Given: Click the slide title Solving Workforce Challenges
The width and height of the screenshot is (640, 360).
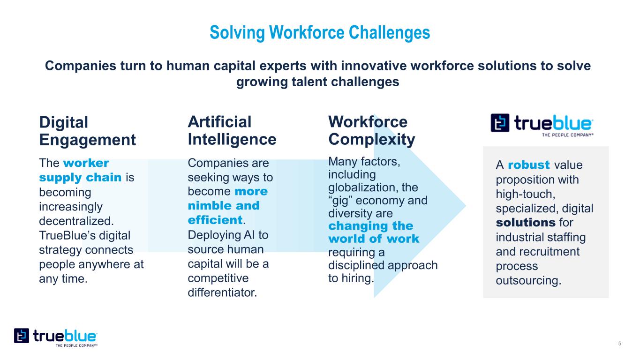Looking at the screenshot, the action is [320, 32].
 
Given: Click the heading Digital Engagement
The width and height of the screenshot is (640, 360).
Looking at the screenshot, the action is [87, 131].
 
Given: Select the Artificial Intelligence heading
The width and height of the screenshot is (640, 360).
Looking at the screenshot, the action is [232, 131].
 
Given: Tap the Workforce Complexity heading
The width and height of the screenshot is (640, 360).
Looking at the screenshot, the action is [371, 131].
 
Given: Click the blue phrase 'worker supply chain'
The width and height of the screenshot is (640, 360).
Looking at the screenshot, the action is [80, 170].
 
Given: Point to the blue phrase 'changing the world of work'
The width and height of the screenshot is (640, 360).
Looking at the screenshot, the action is [374, 232].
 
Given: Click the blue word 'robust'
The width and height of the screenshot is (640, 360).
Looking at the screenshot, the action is [528, 165].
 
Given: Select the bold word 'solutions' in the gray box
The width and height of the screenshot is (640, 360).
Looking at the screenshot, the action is [526, 223].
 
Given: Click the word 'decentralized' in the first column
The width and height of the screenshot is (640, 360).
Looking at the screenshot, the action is [76, 221].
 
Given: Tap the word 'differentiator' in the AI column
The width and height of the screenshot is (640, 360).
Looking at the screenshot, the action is [222, 292].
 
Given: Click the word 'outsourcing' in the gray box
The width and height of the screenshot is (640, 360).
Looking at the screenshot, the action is [528, 281].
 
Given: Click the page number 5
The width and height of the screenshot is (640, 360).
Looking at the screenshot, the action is [619, 344].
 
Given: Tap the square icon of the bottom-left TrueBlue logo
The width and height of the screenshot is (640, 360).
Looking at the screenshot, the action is [22, 336].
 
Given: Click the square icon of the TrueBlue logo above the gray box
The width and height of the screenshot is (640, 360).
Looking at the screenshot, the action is [500, 123].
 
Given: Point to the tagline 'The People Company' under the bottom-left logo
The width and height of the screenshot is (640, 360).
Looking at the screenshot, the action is [76, 346].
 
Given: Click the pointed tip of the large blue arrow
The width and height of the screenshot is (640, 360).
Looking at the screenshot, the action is [466, 205].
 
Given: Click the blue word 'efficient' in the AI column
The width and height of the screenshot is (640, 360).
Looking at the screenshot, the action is [215, 220].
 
